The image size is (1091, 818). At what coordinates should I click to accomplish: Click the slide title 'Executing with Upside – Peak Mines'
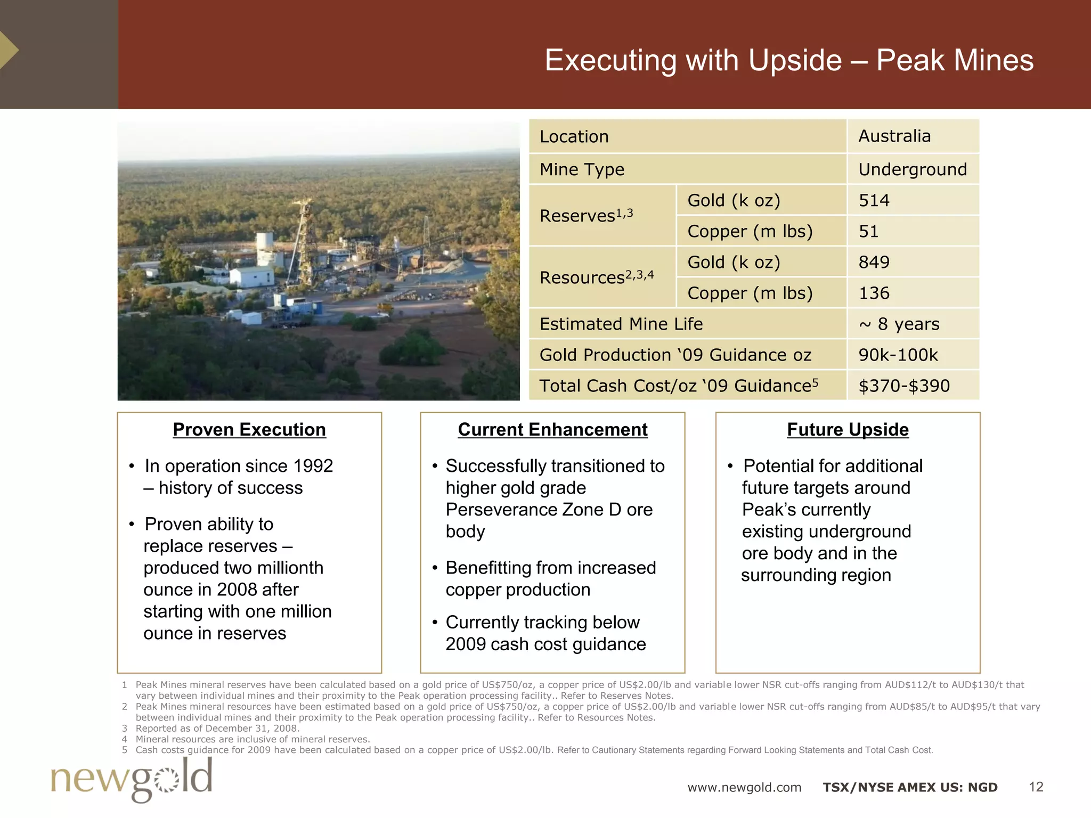[788, 60]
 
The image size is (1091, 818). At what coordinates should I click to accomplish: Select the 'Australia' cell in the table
[894, 136]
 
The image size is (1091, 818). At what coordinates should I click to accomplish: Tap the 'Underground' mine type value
[912, 169]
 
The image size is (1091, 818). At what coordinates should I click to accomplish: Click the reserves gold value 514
[874, 200]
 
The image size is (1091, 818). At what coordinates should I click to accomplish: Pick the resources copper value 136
[874, 293]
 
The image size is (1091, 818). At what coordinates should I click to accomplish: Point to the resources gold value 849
[874, 262]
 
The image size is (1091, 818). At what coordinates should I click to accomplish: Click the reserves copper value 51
[868, 231]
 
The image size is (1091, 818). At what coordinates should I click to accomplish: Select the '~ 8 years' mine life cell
[899, 324]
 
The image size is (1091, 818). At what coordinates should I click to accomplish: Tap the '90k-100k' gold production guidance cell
[898, 355]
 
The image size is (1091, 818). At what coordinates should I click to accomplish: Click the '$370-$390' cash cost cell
[903, 386]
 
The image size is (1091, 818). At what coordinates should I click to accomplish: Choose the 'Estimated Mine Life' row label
[621, 324]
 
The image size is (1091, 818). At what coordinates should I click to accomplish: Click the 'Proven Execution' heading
[249, 430]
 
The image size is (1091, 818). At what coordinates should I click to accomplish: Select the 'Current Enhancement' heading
[552, 430]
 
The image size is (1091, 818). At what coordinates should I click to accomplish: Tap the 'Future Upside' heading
[848, 430]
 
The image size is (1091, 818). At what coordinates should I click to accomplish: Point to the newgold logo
[132, 779]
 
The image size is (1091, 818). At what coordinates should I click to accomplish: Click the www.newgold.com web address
[744, 787]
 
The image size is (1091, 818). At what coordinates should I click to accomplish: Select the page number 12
[1036, 787]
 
